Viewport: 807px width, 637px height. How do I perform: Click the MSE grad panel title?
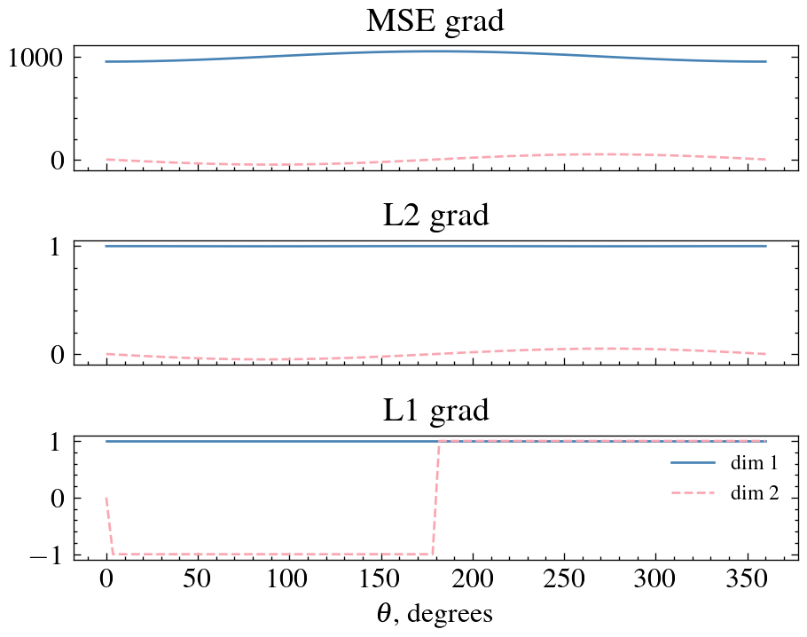pyautogui.click(x=435, y=21)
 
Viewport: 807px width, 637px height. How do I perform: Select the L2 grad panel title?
pyautogui.click(x=435, y=216)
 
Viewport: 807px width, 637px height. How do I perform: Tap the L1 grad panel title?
pyautogui.click(x=435, y=410)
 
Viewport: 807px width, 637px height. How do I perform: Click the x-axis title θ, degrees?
pyautogui.click(x=435, y=613)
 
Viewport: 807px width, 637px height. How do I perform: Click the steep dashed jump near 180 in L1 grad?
pyautogui.click(x=435, y=497)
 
